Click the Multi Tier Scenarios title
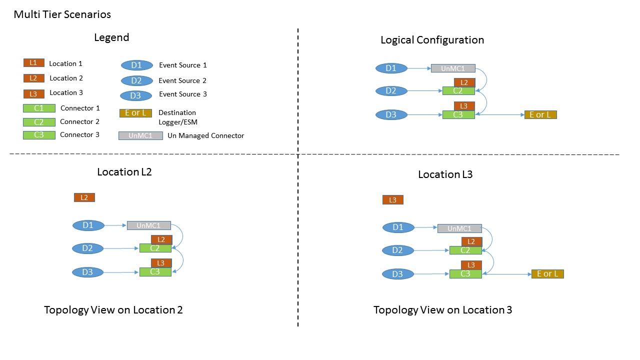tap(62, 14)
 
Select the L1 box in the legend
tap(33, 63)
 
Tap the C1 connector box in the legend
tap(39, 108)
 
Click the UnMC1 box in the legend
tap(140, 135)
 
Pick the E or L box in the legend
tap(135, 113)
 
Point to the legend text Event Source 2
tap(182, 80)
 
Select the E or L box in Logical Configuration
tap(540, 114)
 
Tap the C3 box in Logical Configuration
tap(458, 114)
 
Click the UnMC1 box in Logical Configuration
tap(453, 68)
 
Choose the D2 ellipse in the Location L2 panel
tap(88, 248)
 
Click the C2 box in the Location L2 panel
tap(155, 248)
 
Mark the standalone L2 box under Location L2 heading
tap(84, 197)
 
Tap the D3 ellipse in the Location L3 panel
tap(398, 274)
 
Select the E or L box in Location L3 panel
tap(547, 273)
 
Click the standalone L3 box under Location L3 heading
tap(393, 200)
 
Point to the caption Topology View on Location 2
tap(113, 310)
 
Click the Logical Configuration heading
tap(432, 40)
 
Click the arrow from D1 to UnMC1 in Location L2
tap(115, 225)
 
